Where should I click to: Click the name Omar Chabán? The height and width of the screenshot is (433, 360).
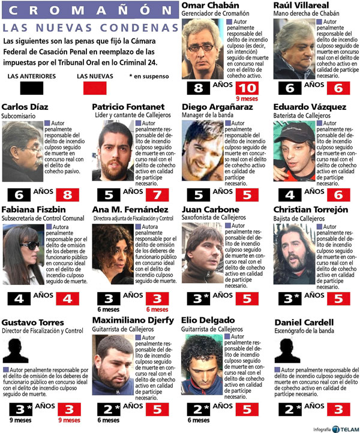(x=208, y=6)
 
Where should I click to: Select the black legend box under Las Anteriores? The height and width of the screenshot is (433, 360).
(x=31, y=88)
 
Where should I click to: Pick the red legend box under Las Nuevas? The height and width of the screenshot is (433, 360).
(x=91, y=88)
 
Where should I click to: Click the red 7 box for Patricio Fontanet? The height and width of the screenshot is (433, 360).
(x=157, y=194)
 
